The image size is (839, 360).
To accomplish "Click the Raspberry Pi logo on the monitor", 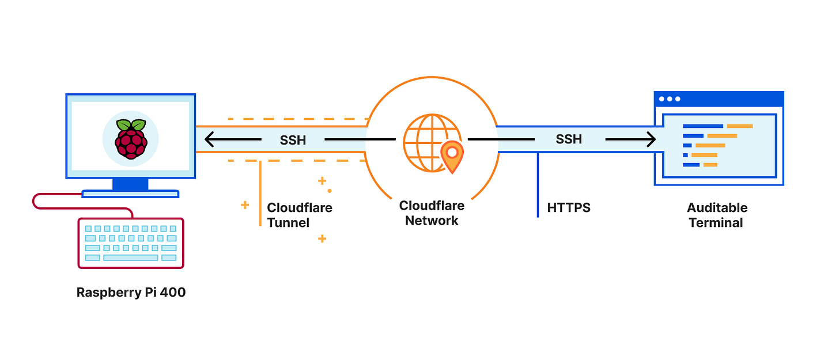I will point(131,139).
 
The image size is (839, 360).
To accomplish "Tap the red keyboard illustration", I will point(131,243).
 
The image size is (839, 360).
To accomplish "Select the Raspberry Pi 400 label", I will point(131,293).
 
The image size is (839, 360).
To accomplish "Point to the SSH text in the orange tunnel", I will point(293,139).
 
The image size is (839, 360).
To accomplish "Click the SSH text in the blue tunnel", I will point(569,139).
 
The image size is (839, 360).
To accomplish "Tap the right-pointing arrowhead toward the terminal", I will point(651,139).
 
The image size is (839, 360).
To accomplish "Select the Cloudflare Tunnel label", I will point(299,215).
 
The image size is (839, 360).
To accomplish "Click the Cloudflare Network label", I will point(432,213).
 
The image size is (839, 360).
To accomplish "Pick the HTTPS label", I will point(569,207).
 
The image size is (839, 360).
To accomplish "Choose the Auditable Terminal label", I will point(717,215).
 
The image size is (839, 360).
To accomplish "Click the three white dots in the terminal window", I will point(669,99).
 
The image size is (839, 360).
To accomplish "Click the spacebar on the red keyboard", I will point(131,257).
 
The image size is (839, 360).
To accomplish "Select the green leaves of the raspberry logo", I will point(131,125).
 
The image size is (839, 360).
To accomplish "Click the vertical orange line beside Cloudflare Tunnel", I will point(260,193).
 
